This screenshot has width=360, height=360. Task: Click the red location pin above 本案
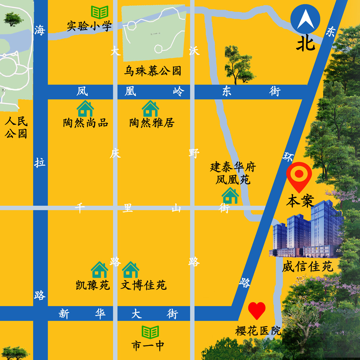pos(299,176)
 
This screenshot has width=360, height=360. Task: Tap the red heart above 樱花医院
pos(257,310)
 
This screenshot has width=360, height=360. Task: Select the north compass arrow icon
pos(305,20)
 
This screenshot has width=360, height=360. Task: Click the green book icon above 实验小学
pos(100,12)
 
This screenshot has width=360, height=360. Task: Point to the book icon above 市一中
pos(151,332)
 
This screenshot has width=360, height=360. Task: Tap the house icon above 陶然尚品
pos(85,109)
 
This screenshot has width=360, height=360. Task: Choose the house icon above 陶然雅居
pos(151,109)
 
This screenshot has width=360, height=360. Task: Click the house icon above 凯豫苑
pos(100,270)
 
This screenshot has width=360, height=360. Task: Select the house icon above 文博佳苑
pos(130,270)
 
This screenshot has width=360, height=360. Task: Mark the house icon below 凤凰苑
pos(230,195)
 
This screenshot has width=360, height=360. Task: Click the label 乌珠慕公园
pos(152,71)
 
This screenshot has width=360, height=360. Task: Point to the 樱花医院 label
pos(258,331)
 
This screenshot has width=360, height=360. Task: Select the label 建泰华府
pos(233,167)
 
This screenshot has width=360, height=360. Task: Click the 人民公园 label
pos(16,127)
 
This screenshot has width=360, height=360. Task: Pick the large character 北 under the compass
pos(306,44)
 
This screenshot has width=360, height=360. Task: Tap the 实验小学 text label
pos(89,26)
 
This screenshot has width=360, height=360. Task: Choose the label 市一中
pos(148,346)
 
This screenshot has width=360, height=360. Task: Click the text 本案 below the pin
pos(300,201)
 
